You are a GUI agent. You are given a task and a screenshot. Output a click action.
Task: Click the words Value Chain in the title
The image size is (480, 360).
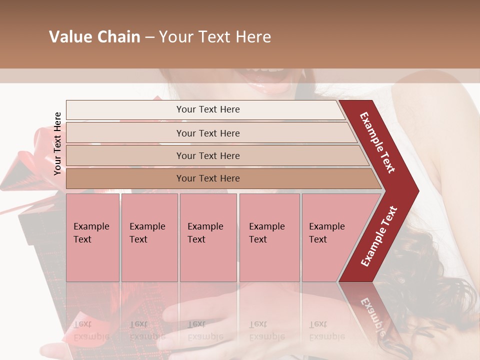coord(94,37)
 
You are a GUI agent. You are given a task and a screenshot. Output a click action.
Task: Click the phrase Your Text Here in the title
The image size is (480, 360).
coord(215,37)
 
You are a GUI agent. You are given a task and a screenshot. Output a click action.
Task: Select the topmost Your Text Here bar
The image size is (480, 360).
coord(207,109)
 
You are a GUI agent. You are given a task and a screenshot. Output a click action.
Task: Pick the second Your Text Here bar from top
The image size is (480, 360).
coord(207,133)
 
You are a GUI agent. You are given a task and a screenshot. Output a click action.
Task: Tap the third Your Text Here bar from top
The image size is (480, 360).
coord(207,155)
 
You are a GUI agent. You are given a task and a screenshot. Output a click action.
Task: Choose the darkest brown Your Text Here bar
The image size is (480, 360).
coord(207,178)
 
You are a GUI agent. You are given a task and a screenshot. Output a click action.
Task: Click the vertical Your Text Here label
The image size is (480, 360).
coord(58,143)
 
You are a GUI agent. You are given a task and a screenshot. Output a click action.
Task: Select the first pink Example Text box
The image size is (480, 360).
coord(92,237)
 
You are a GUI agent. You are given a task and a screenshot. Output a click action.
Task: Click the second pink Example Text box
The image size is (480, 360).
coord(149,237)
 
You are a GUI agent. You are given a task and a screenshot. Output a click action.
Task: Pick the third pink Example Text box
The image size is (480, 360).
coord(208,237)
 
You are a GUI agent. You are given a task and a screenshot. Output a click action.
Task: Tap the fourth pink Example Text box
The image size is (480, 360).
coord(269,237)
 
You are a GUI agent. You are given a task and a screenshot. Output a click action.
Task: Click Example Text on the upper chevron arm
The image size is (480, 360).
coord(377,142)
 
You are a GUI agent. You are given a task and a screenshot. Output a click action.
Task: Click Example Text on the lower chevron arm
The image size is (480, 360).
coord(379,236)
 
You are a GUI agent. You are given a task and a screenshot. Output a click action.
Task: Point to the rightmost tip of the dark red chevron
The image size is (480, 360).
coord(418,191)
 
